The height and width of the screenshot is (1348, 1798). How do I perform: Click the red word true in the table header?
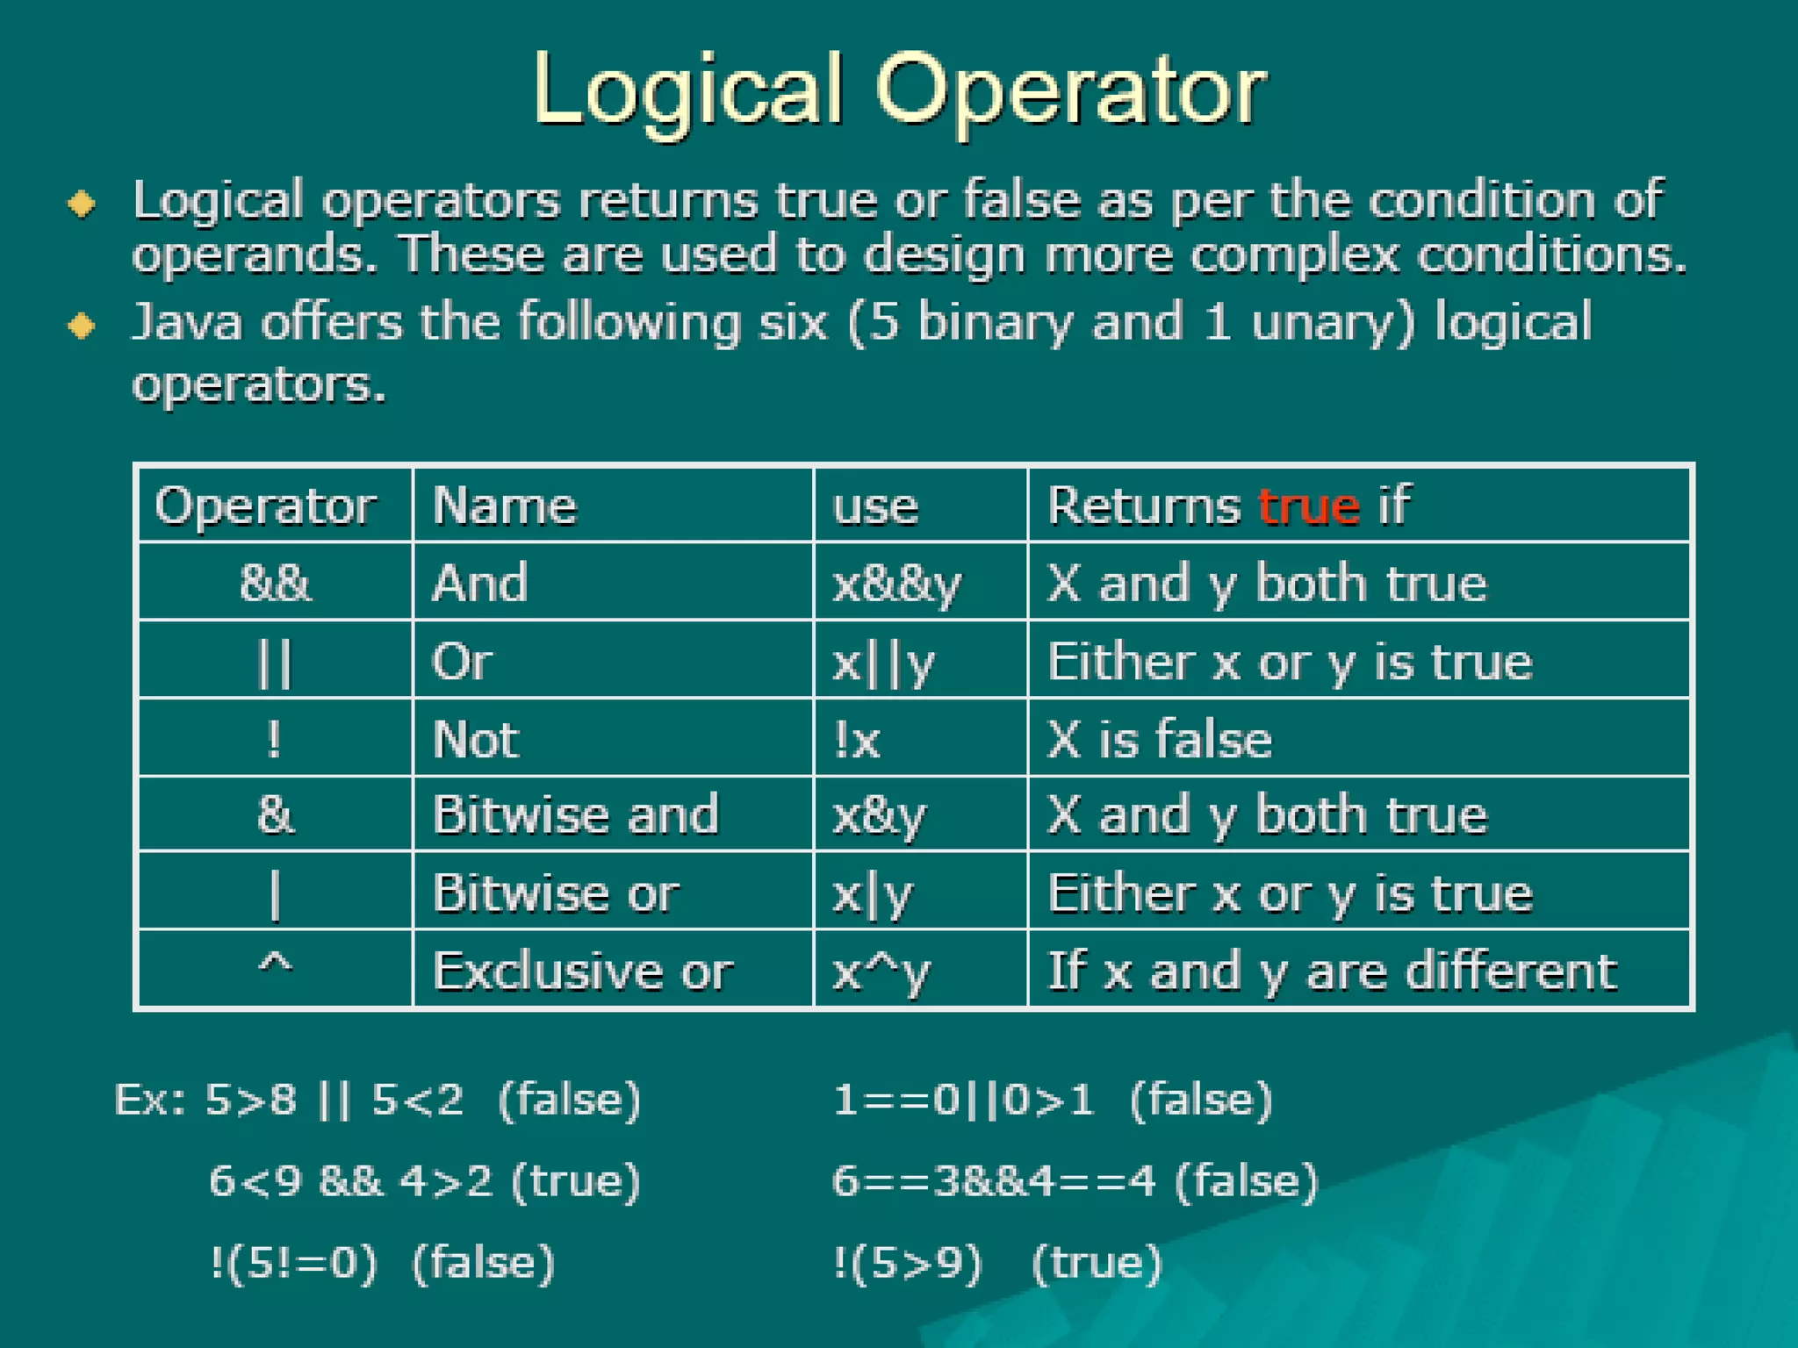pos(1308,506)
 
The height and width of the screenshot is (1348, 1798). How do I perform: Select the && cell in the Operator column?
pos(275,583)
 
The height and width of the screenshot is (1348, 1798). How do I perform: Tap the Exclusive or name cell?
pos(582,972)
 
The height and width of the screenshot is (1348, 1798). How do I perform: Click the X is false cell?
pos(1159,739)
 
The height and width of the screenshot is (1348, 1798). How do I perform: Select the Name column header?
pos(505,506)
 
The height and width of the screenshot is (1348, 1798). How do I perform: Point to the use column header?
pos(875,507)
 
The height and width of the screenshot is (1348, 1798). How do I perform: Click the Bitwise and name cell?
pos(575,814)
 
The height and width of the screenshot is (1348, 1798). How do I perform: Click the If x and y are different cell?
pos(1331,972)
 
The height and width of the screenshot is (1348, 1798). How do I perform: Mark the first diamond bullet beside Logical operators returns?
pos(83,204)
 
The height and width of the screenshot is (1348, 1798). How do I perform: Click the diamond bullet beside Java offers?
pos(83,326)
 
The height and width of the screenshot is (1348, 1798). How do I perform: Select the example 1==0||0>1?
pos(963,1100)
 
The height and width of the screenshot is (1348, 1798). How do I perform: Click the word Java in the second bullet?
pos(187,321)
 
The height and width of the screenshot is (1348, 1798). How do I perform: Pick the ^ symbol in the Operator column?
pos(275,965)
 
